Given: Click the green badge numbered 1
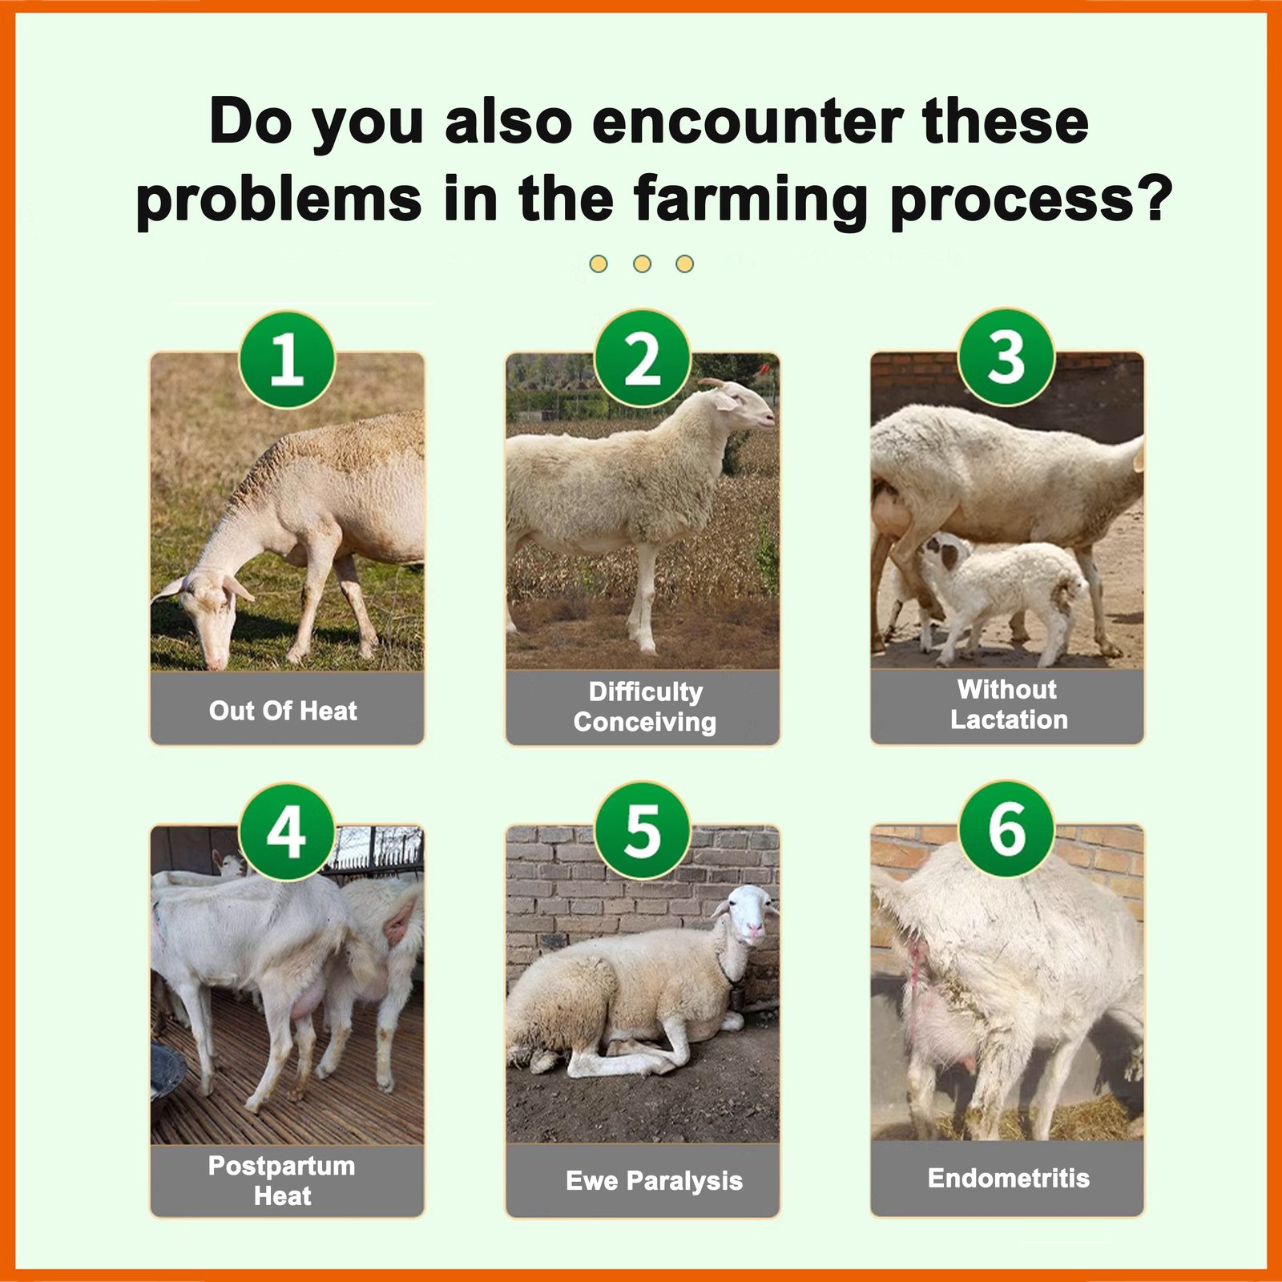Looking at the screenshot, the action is [287, 360].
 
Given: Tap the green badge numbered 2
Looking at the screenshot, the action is [643, 359].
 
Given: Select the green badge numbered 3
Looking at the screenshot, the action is [1007, 357].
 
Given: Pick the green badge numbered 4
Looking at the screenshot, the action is [287, 832].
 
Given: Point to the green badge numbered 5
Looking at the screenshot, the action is [643, 831].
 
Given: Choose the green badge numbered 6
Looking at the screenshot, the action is [1007, 829].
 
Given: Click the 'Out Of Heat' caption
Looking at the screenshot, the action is [284, 711].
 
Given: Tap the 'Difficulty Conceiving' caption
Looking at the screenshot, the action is [645, 707].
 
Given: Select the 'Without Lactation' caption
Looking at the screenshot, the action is [1009, 704].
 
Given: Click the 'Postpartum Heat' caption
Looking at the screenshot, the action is [282, 1180].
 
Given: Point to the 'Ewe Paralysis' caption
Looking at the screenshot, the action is [655, 1181].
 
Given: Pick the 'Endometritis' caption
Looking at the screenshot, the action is [1009, 1178].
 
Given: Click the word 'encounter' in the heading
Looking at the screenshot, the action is [748, 123].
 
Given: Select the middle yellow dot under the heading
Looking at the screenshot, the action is [642, 264].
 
